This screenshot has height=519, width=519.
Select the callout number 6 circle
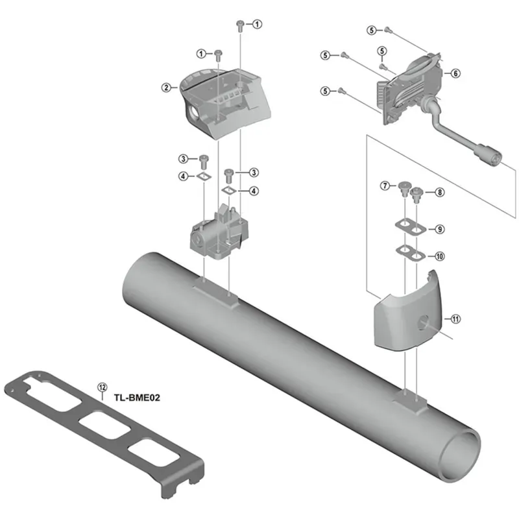pyautogui.click(x=456, y=74)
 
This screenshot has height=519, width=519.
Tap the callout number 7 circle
pyautogui.click(x=384, y=186)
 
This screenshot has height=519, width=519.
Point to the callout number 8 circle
pyautogui.click(x=440, y=192)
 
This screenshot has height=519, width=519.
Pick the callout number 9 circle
pyautogui.click(x=440, y=229)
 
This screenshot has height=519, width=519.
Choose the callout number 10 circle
pyautogui.click(x=440, y=256)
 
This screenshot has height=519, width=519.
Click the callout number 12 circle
pyautogui.click(x=101, y=387)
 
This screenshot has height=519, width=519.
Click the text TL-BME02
pyautogui.click(x=137, y=399)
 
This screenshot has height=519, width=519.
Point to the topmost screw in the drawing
pyautogui.click(x=241, y=25)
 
